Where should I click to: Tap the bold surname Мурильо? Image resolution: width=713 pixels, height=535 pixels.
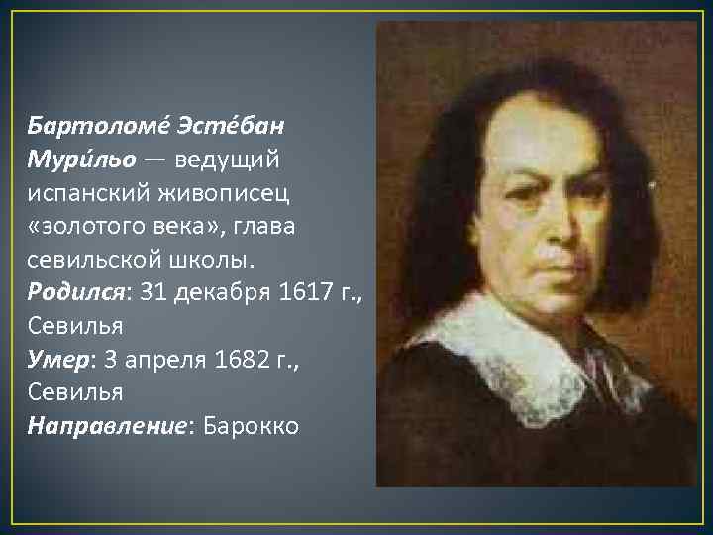point(80,160)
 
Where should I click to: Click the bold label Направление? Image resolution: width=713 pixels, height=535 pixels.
point(109,426)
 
